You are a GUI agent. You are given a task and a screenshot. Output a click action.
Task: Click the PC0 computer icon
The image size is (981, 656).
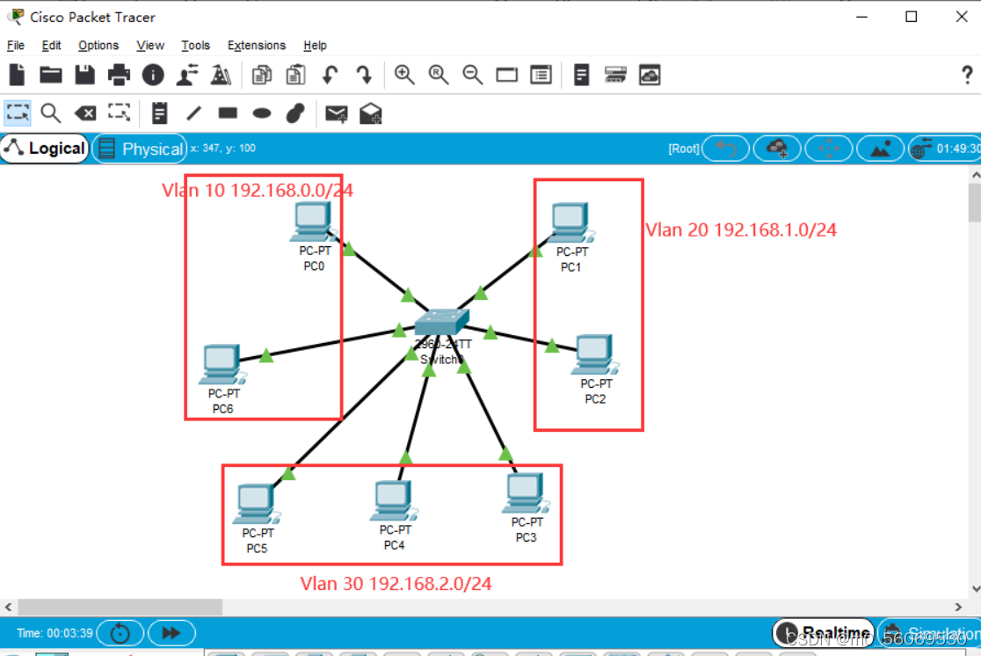point(311,220)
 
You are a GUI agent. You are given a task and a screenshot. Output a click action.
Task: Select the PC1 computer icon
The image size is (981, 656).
point(570,222)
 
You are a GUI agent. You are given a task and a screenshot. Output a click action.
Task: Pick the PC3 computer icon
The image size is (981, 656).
point(524,492)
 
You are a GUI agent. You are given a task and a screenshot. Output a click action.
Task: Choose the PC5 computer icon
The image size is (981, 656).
point(256,504)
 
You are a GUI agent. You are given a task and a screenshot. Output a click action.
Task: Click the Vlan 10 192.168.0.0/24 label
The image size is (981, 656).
point(258,190)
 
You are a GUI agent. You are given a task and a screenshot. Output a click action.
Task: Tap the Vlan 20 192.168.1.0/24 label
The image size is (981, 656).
point(741,230)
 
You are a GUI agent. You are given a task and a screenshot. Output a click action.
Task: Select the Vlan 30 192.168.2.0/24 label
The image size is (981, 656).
point(396,583)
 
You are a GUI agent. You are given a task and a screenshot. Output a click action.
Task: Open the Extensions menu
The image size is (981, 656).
point(257,46)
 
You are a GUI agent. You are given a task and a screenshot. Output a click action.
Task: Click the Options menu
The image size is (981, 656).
point(98,46)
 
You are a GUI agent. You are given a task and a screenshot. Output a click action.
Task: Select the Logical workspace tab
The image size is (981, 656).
point(45,149)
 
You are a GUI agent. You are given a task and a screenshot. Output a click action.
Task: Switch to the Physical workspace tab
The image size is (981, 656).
point(141,149)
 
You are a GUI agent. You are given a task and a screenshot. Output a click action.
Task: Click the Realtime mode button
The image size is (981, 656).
point(825,632)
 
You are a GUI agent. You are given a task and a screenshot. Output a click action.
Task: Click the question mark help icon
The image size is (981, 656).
point(967,76)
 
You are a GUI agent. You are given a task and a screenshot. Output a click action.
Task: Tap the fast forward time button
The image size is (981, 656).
point(171,632)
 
